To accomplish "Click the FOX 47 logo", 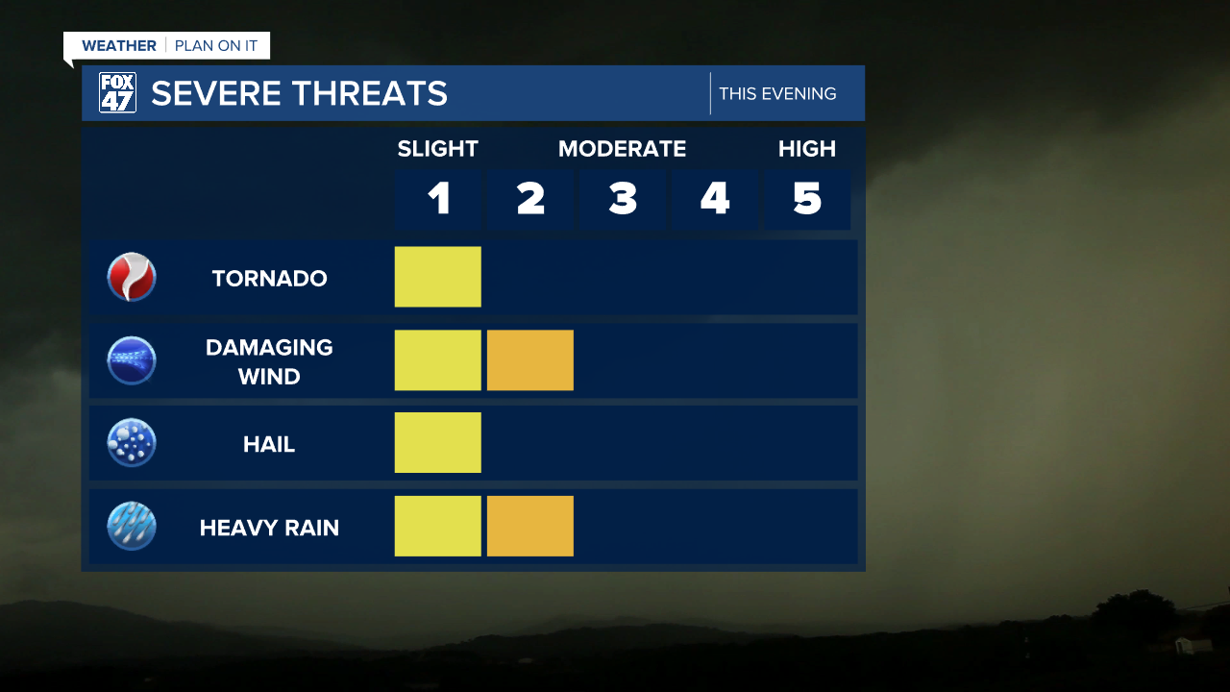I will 117,93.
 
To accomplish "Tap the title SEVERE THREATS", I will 299,93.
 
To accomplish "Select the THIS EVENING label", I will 777,93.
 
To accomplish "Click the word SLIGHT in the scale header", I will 437,149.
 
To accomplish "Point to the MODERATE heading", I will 622,149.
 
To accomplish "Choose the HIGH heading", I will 807,149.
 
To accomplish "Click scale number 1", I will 438,199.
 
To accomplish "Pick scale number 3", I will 623,199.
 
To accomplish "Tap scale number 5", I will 807,199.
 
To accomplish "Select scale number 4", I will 715,199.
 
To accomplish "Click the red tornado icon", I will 132,278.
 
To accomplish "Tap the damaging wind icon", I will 132,360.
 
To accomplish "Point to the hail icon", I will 132,443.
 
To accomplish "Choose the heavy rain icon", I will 132,527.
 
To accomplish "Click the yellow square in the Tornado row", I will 437,277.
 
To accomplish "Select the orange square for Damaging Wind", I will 529,360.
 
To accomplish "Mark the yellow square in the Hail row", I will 437,443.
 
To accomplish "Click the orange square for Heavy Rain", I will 529,526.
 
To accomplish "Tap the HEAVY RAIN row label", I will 269,528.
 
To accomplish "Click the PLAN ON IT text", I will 216,45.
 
